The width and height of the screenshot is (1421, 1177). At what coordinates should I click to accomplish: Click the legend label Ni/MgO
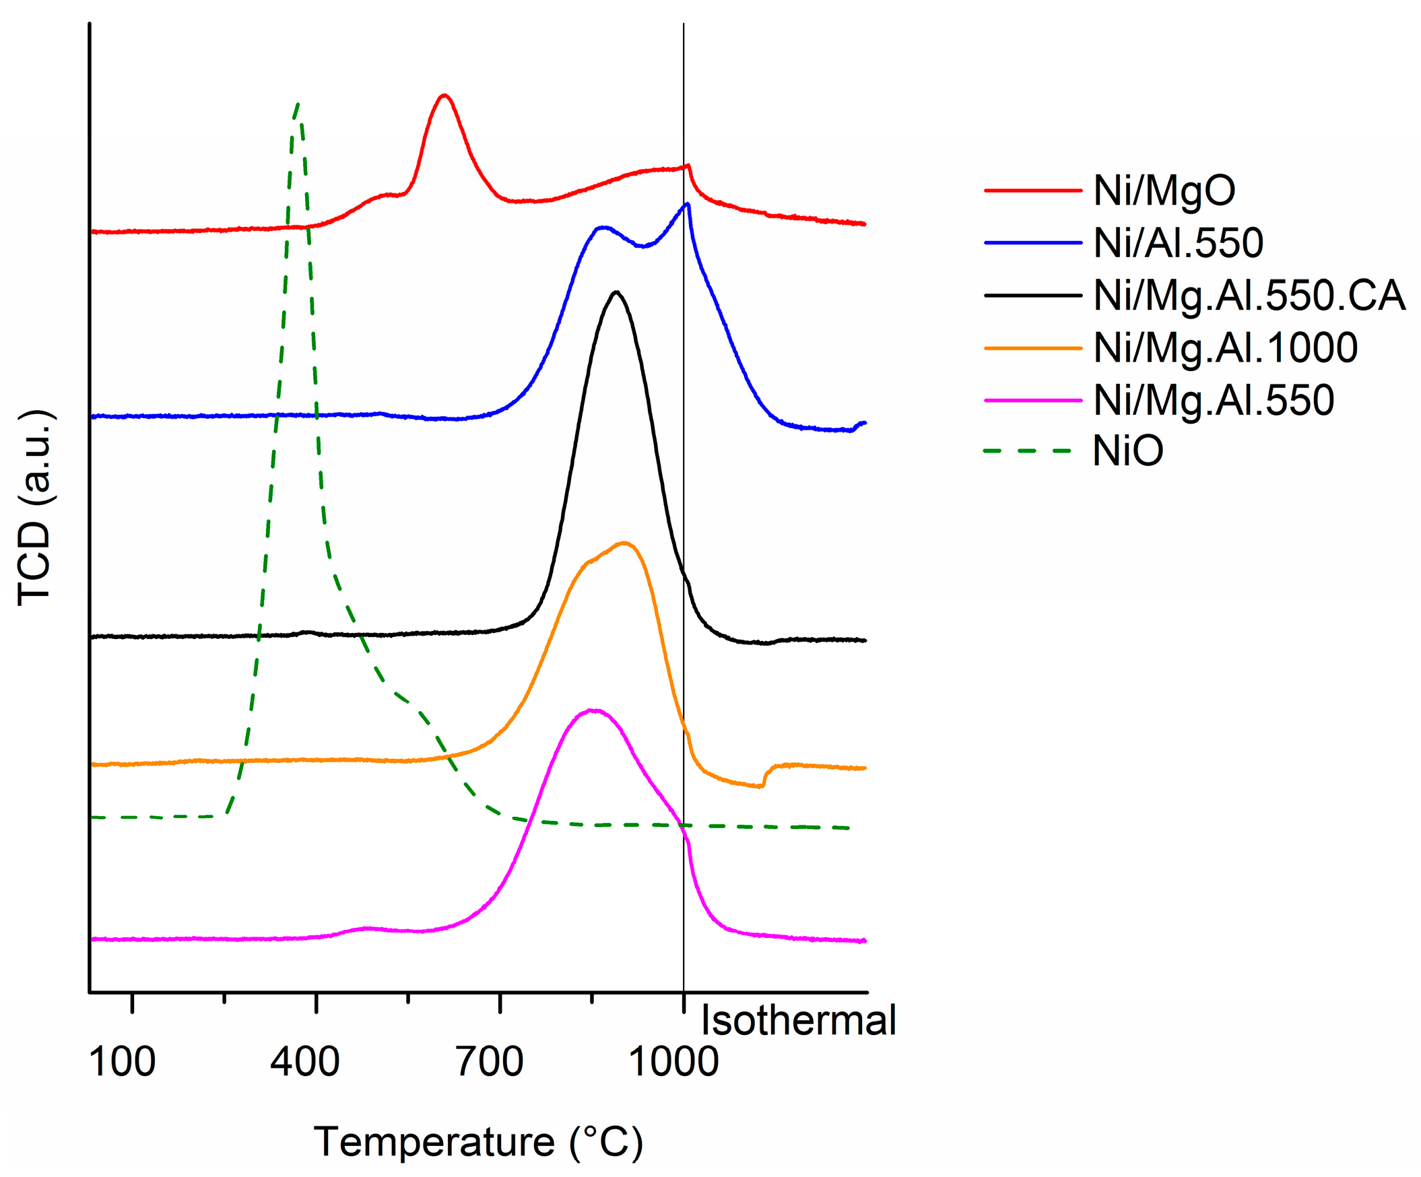point(1164,191)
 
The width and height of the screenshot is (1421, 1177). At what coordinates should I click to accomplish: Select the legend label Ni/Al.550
point(1178,243)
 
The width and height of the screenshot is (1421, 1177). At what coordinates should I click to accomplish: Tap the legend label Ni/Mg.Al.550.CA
point(1249,296)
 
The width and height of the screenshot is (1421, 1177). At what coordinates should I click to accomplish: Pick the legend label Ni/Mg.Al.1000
point(1225,347)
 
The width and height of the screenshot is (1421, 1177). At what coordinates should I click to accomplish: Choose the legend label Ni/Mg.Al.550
point(1214,400)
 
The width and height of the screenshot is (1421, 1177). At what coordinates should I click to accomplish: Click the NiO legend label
point(1127,450)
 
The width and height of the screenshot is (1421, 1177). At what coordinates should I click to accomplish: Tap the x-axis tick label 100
point(122,1061)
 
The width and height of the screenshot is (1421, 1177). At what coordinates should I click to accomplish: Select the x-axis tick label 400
point(304,1061)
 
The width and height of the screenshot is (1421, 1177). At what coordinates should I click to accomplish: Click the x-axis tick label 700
point(489,1061)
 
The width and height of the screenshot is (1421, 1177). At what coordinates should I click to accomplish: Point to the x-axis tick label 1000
point(673,1061)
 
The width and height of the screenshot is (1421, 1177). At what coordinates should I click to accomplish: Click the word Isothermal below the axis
point(799,1020)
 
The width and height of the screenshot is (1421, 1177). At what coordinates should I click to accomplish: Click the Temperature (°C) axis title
point(477,1143)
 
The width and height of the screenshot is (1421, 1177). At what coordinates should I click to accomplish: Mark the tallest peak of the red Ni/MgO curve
point(444,95)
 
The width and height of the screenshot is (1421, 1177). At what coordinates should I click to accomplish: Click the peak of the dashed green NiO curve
point(298,104)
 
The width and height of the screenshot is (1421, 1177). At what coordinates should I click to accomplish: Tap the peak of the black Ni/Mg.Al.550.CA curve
point(616,292)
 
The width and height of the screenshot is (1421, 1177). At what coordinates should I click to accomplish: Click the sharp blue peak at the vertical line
point(688,203)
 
